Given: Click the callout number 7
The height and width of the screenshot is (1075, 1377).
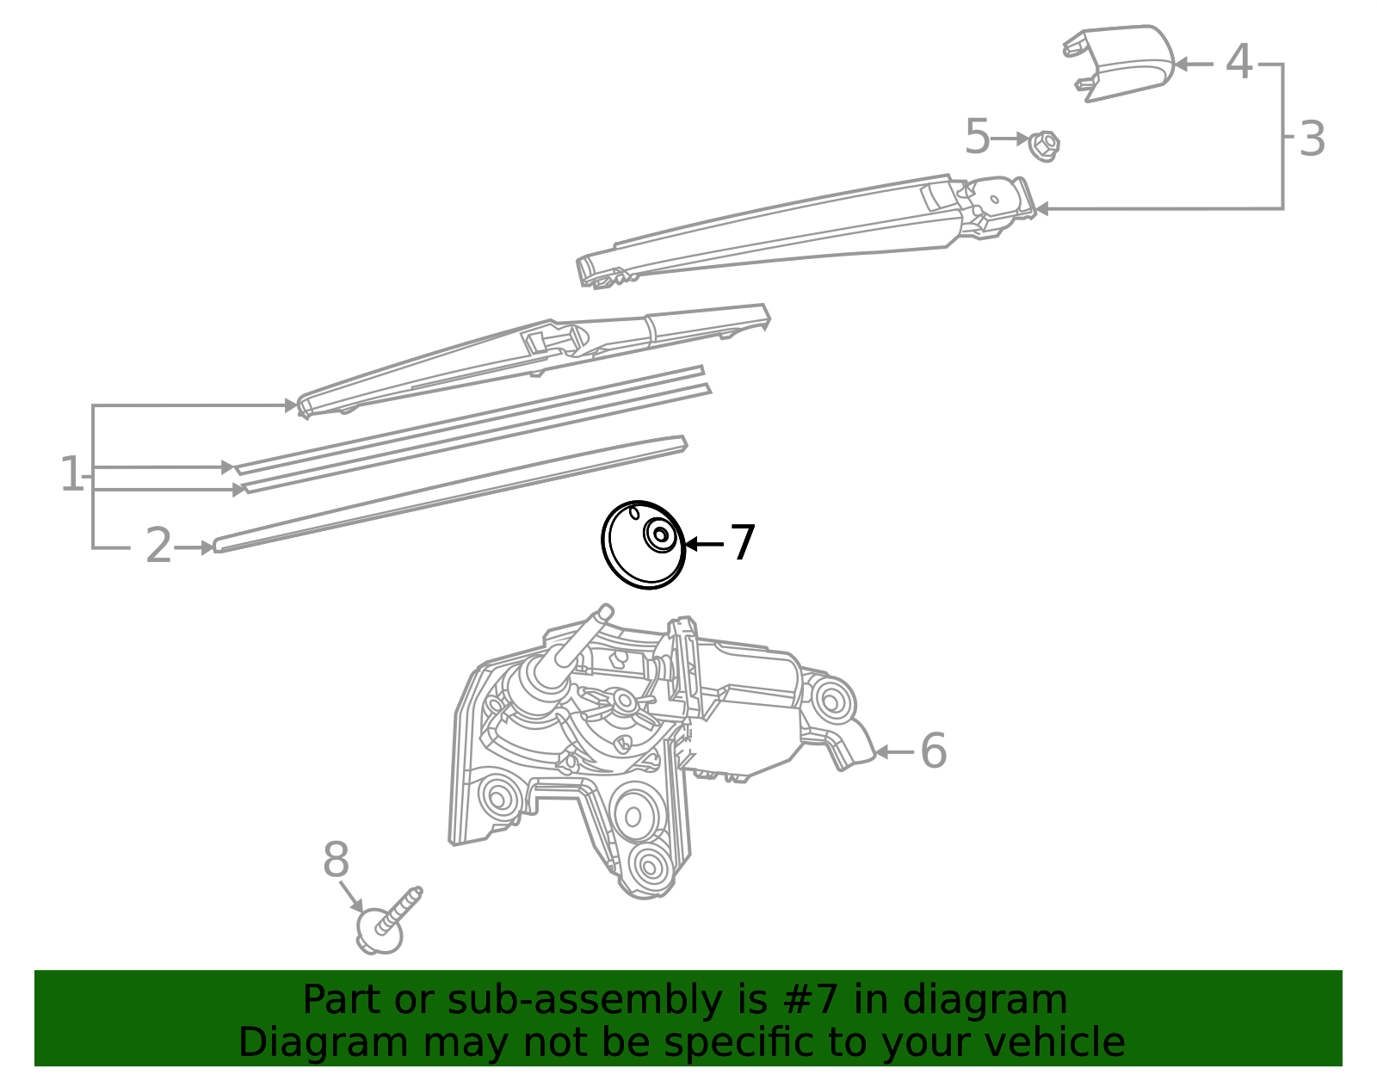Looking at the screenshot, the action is [743, 543].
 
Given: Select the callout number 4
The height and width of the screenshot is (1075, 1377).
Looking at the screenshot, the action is [1238, 62].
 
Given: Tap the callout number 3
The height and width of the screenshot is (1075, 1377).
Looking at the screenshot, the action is [1312, 139].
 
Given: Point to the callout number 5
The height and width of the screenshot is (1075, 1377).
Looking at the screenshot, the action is [977, 136].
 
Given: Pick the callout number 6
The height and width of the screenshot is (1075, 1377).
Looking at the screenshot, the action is [934, 751].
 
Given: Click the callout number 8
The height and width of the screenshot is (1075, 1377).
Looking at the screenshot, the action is [336, 860].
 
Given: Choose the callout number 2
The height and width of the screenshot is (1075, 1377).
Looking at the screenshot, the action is [158, 546].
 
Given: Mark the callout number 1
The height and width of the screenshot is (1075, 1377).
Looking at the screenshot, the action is [71, 473].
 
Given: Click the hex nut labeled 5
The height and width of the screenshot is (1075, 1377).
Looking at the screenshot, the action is [1044, 146].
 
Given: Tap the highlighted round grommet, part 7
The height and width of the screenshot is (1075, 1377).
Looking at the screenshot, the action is [643, 545].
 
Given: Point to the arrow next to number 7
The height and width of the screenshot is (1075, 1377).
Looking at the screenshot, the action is [704, 544].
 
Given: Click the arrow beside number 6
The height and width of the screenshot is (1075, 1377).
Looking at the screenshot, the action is [894, 752].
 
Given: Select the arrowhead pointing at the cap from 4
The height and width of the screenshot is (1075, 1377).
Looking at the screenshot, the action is [1182, 64].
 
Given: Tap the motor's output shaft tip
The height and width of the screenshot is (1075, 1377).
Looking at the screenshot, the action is [606, 610].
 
